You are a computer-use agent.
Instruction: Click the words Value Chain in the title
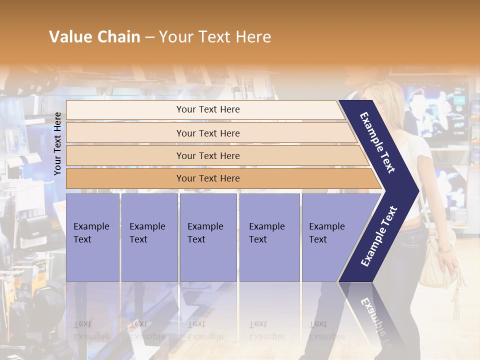[94, 37]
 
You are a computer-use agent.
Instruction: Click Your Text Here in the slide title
[215, 37]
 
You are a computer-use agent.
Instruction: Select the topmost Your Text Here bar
[207, 109]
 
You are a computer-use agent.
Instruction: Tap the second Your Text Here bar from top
[207, 133]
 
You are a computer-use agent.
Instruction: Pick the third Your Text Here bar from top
[207, 156]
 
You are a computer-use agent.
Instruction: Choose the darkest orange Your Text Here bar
[207, 178]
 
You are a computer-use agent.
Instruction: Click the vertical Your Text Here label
[57, 143]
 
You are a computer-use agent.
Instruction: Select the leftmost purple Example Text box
[92, 237]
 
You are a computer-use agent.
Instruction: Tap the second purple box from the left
[149, 237]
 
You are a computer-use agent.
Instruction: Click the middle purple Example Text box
[208, 237]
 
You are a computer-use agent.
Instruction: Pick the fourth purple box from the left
[269, 237]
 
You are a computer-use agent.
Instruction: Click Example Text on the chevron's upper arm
[377, 142]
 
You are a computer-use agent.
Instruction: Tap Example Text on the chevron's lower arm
[378, 236]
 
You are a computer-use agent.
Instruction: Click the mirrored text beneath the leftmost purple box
[91, 330]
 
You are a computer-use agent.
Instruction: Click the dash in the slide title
[149, 37]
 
